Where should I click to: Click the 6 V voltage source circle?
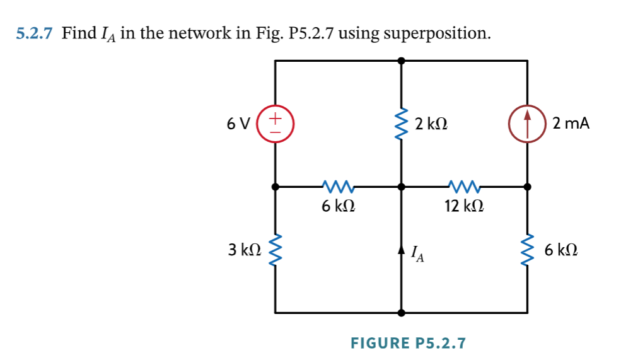point(275,124)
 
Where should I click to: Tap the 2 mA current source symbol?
point(527,124)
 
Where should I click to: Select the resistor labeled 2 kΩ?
point(401,124)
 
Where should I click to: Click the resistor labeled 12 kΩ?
point(465,186)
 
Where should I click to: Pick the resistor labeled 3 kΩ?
point(275,250)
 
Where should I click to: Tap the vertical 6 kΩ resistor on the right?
point(527,250)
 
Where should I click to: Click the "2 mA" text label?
point(571,124)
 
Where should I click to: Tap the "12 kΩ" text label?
point(465,206)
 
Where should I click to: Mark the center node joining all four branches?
point(401,187)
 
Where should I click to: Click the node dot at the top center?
point(401,61)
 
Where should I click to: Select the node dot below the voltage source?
point(275,187)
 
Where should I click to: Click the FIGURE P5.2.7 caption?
point(408,343)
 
